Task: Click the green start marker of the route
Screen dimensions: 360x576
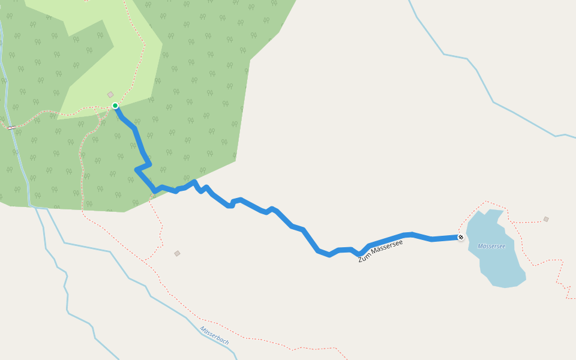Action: (115, 106)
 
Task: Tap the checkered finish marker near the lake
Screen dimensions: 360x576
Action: (461, 238)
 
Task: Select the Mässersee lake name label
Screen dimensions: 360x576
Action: (491, 246)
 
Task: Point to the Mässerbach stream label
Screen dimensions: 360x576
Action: (215, 335)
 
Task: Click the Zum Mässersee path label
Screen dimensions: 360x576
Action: (380, 251)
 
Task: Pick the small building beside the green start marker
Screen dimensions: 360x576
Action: (110, 95)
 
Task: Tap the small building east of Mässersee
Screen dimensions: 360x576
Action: (546, 219)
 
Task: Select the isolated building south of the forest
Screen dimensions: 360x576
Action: (177, 253)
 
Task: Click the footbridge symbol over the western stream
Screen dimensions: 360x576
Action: (11, 128)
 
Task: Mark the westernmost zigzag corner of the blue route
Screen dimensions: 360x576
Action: (137, 170)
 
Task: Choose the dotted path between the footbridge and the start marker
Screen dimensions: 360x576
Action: (60, 113)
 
